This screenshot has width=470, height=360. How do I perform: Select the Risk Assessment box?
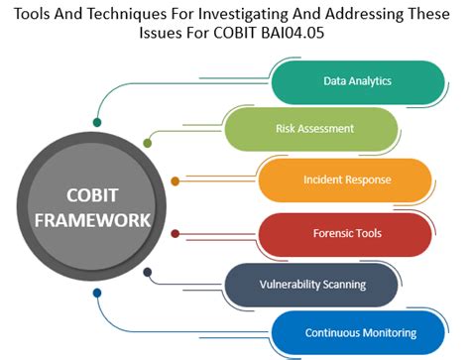point(313,128)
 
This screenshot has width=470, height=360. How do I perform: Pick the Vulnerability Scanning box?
point(311,284)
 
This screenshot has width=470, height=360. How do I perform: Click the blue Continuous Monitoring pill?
point(358,332)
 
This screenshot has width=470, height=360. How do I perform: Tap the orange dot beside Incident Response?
point(176,180)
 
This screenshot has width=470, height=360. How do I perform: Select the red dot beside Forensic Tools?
point(176,234)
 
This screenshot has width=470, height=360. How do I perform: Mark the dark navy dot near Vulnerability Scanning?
point(148,271)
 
